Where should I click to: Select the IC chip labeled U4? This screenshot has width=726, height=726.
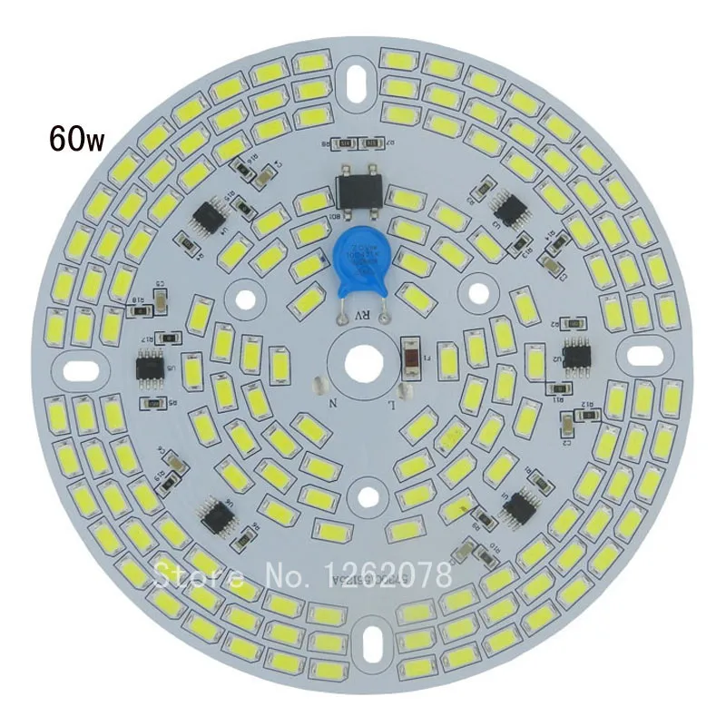point(210,217)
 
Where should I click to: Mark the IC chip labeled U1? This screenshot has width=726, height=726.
point(523,505)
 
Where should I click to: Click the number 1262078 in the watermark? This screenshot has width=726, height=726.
point(388,574)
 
